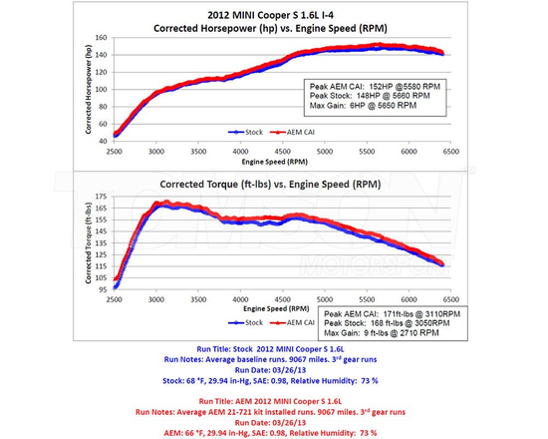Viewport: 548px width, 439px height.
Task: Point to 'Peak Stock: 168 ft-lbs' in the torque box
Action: click(380, 323)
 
